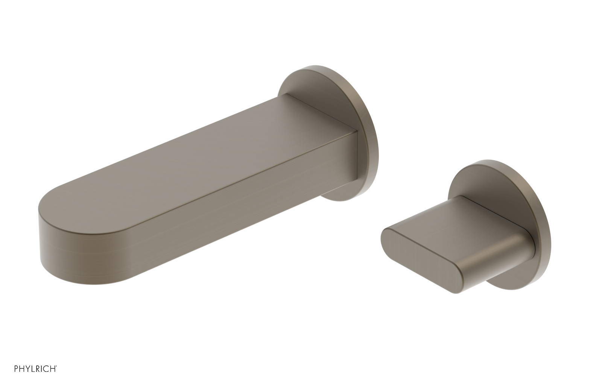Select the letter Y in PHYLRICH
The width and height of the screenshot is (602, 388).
click(27, 369)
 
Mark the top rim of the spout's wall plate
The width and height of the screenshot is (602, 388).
click(320, 68)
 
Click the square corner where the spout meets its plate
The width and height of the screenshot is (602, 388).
click(356, 132)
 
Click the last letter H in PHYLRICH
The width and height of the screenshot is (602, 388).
click(53, 369)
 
